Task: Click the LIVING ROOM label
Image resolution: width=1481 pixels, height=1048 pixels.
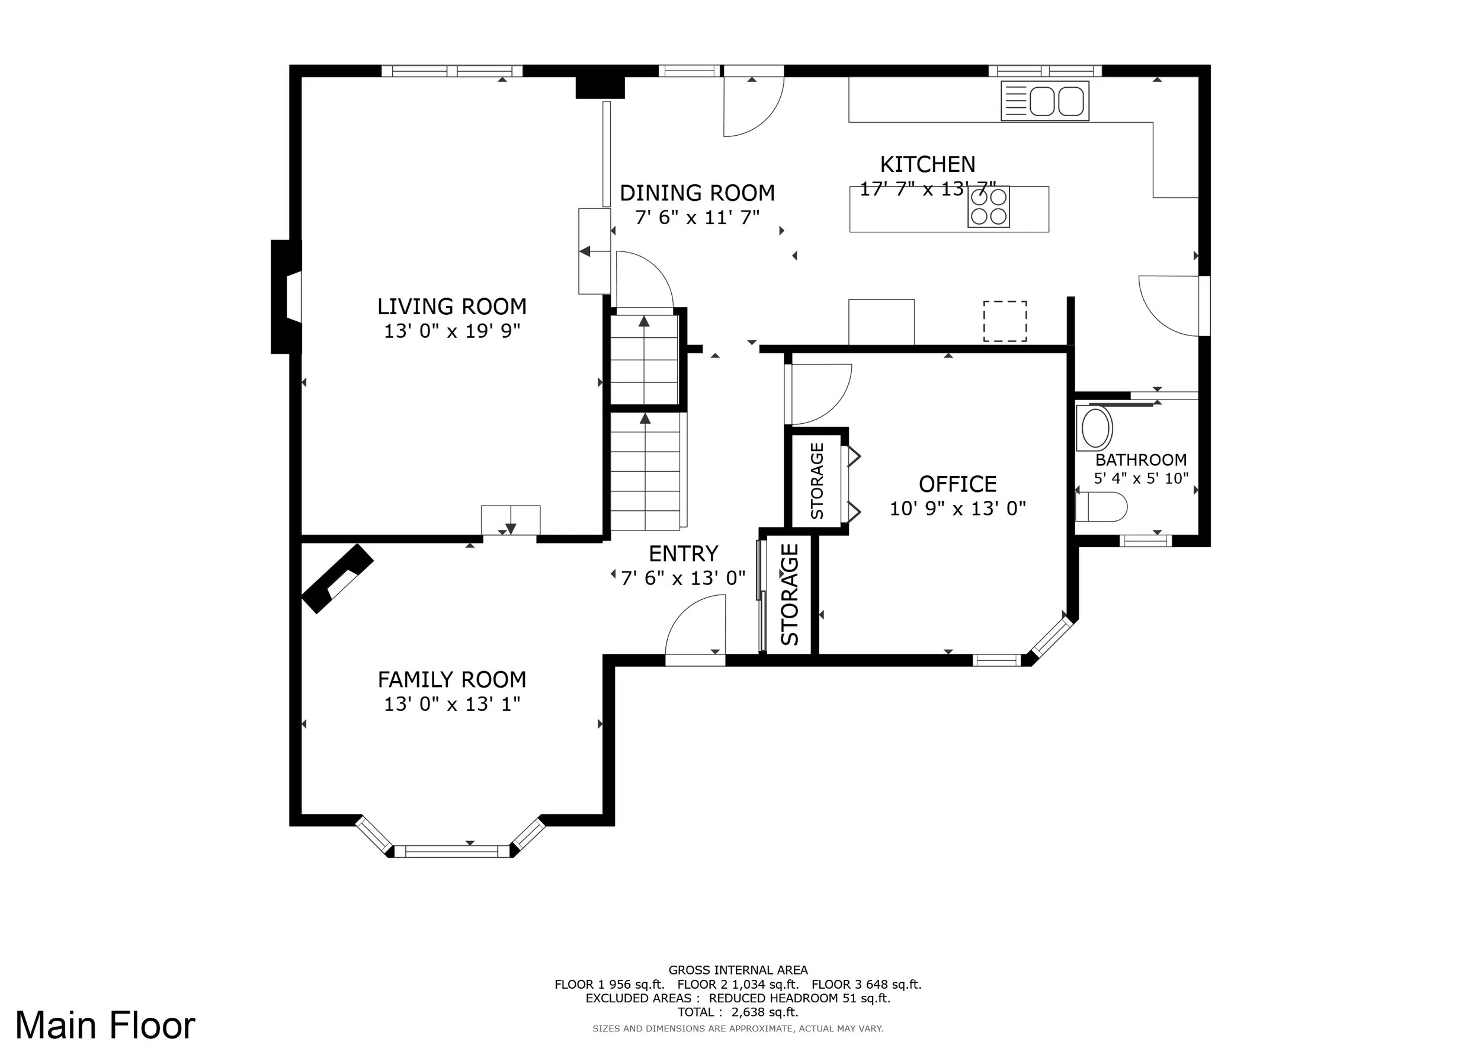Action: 451,306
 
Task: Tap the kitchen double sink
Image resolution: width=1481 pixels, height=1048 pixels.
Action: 1045,101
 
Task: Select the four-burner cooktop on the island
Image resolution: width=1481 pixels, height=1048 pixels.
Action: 989,207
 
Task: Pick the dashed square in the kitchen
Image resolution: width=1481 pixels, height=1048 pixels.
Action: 1005,321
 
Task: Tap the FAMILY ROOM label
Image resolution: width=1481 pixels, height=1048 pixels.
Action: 451,679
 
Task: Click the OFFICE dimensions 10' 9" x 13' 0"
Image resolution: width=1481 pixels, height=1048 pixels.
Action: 958,509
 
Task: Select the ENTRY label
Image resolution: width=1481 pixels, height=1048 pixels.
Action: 683,554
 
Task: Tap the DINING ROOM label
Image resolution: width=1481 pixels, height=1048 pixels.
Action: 697,193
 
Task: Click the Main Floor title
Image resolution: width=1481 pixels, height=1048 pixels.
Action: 105,1025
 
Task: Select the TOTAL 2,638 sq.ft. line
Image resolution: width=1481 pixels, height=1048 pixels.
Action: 738,1012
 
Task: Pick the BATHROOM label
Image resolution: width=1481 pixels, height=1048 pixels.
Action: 1141,460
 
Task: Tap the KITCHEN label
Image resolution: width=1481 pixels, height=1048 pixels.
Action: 928,165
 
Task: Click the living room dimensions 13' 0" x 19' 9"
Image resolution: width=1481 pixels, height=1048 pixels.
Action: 452,331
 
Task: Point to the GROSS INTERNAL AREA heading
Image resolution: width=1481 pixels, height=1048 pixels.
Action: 738,970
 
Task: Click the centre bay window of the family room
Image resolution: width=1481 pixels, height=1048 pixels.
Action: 451,851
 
